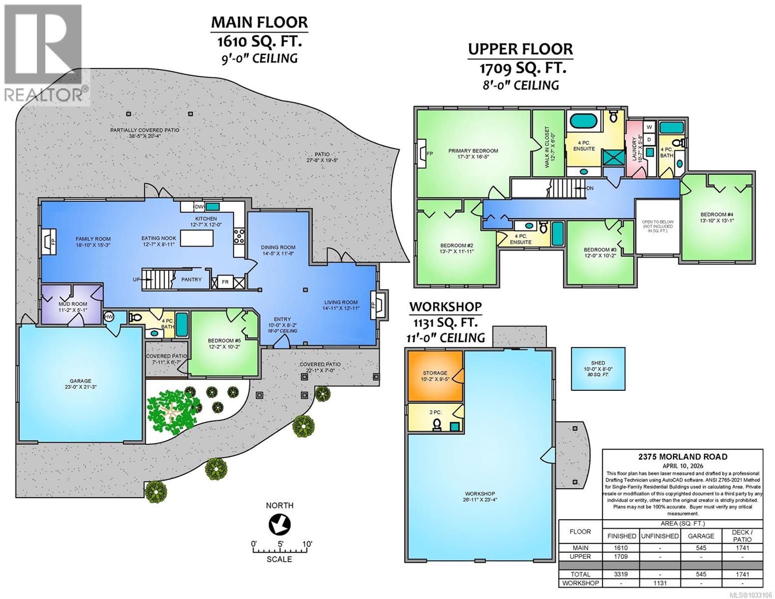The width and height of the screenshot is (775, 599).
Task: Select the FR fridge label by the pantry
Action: (x=225, y=282)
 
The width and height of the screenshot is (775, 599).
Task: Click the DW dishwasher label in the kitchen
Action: (x=199, y=207)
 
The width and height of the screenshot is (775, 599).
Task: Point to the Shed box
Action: (x=597, y=369)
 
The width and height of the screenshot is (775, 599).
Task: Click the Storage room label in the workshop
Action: (x=435, y=376)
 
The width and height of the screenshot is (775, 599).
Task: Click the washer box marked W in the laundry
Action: (x=649, y=127)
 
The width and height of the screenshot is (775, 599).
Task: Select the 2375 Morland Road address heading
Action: (x=682, y=456)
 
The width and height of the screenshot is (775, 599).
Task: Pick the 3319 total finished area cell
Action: (x=621, y=575)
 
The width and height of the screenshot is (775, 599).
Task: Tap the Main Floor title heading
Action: (x=259, y=22)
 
